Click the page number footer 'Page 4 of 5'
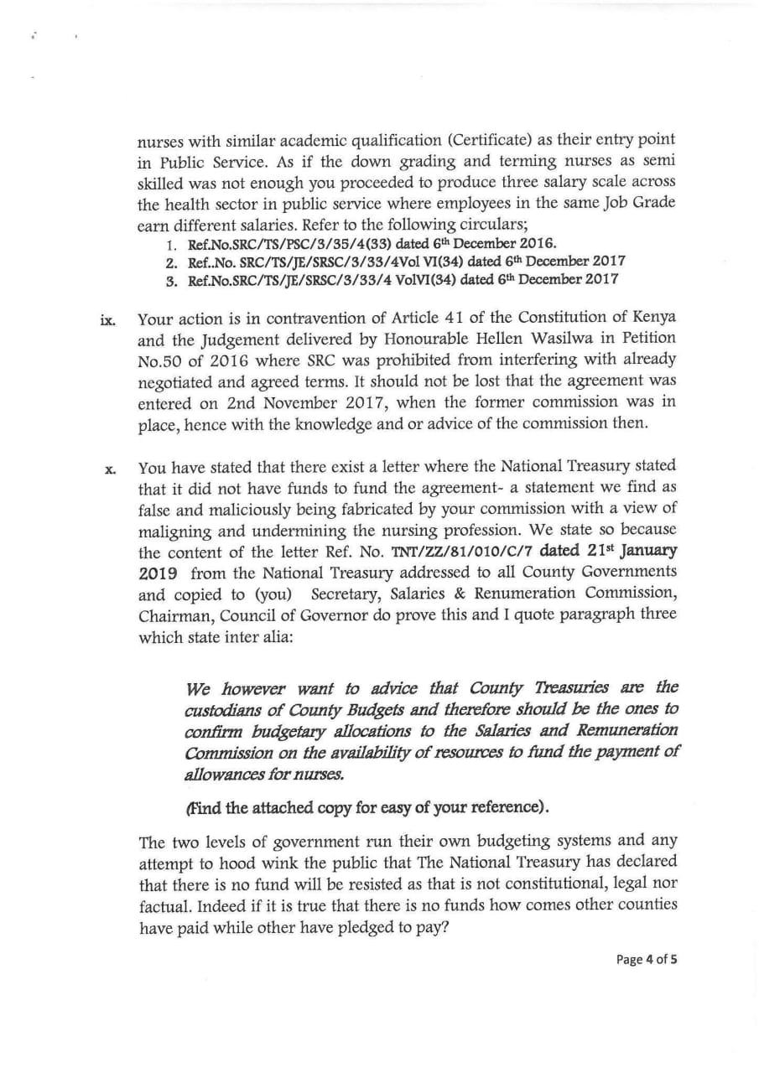647,960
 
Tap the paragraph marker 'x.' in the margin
110,469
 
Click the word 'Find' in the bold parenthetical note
205,807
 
